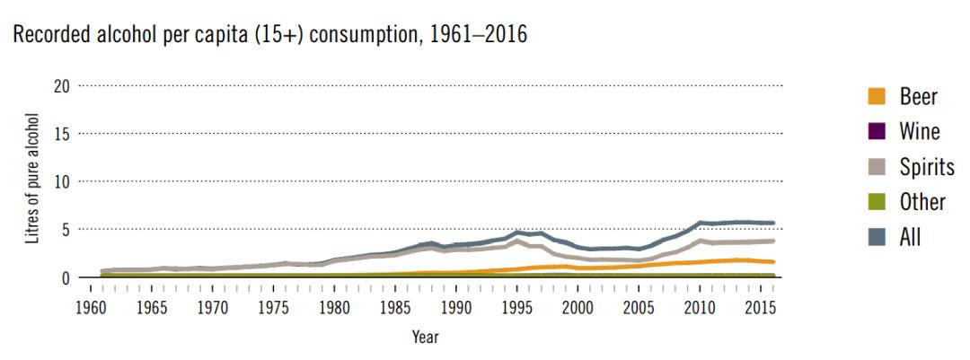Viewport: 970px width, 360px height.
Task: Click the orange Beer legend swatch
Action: point(878,96)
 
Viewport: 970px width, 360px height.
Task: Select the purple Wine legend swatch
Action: point(878,131)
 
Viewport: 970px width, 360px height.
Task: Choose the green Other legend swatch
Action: point(878,202)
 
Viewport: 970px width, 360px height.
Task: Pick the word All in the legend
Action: point(911,237)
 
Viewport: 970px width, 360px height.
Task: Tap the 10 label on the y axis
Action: point(59,181)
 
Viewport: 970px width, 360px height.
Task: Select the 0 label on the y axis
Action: point(65,277)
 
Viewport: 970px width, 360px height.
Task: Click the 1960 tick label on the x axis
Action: point(91,307)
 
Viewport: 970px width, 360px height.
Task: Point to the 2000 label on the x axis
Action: point(578,307)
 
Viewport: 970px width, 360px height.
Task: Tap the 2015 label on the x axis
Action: point(760,307)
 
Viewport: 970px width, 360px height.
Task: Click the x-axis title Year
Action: point(425,338)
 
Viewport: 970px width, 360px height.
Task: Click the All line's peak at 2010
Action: point(700,222)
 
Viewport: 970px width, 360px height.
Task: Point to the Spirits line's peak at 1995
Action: point(517,241)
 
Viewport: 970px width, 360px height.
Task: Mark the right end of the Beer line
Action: point(772,262)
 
